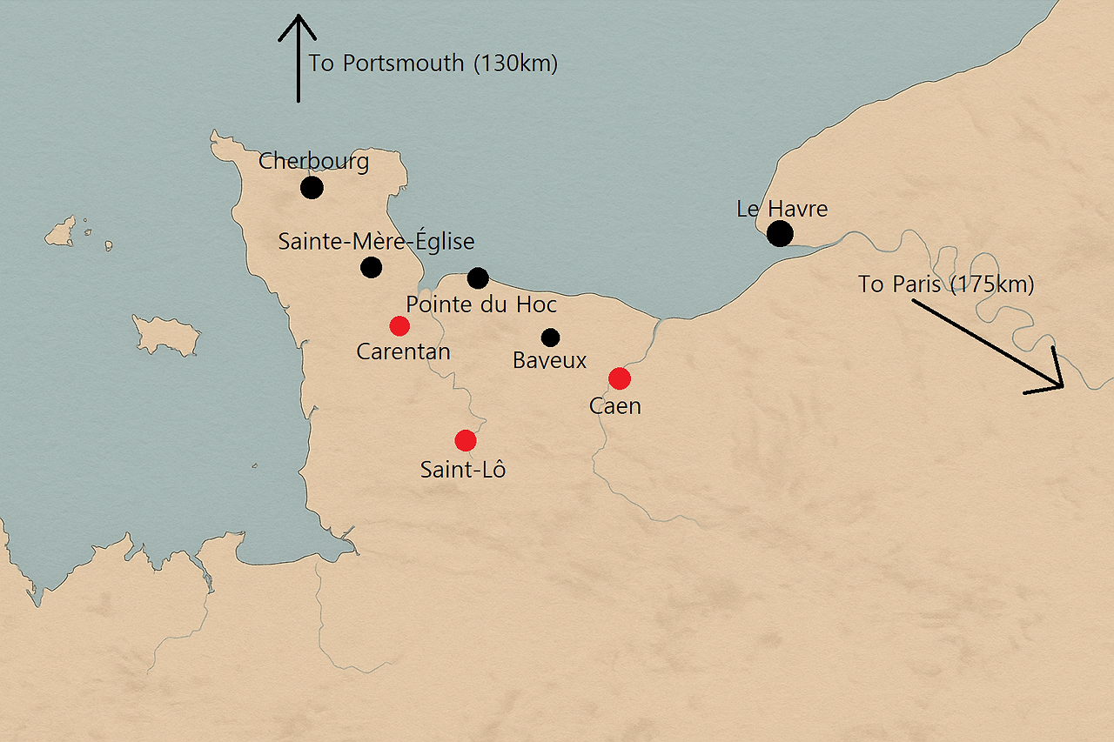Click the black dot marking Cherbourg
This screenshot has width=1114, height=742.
[312, 187]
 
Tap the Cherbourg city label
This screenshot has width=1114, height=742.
[313, 162]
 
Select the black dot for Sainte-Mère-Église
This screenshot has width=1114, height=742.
[371, 267]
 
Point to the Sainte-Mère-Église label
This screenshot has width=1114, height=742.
[376, 242]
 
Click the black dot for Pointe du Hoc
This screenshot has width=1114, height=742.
[478, 278]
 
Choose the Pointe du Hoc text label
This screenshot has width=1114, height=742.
[481, 305]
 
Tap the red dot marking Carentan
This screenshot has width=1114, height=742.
[399, 326]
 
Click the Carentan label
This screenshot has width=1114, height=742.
[403, 351]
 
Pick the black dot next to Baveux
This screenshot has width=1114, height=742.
[550, 338]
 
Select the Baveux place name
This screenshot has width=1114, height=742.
[550, 360]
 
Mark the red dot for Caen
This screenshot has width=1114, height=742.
[619, 378]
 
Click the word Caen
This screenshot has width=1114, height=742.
[614, 405]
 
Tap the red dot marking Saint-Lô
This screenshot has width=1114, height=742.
[466, 440]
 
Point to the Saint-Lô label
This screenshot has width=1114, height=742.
[463, 470]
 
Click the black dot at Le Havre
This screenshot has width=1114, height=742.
[780, 233]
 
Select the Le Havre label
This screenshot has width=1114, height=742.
[782, 209]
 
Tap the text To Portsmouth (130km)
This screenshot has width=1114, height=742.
[433, 64]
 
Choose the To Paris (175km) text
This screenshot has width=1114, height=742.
[946, 284]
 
